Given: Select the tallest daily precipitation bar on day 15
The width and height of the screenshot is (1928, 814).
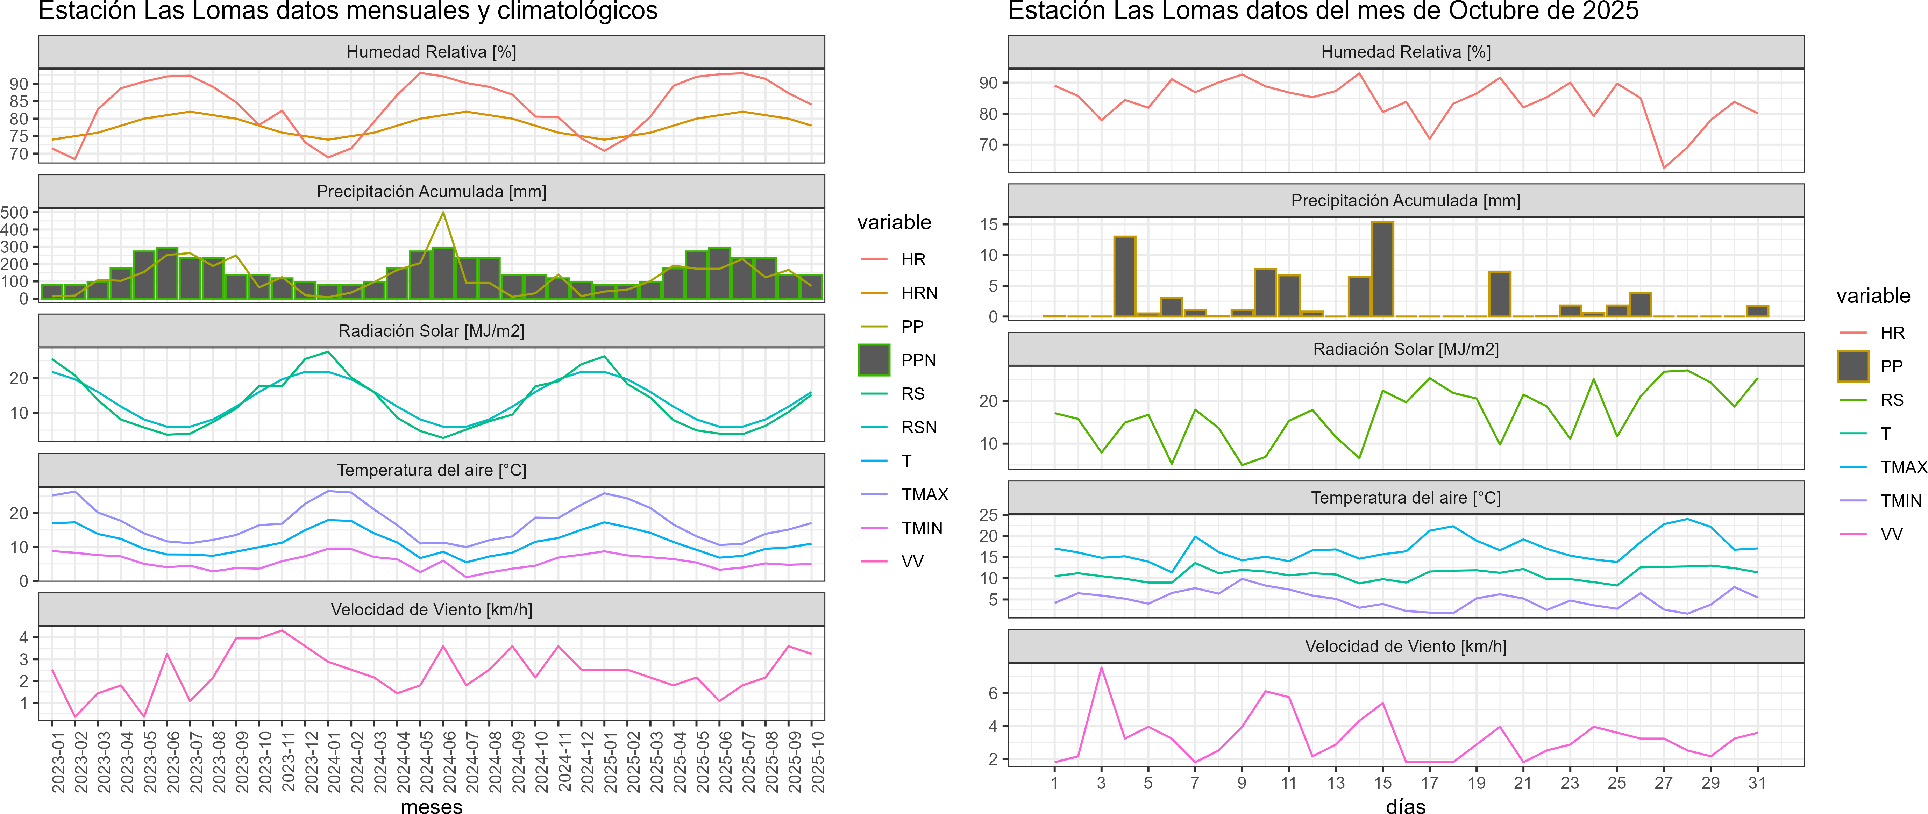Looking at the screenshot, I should [1382, 269].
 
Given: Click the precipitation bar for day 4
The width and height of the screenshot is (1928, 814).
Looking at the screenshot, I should [1125, 277].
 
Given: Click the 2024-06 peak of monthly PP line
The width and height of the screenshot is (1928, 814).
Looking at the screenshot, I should [443, 213].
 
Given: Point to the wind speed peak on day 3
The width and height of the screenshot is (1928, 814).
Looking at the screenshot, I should [1101, 667].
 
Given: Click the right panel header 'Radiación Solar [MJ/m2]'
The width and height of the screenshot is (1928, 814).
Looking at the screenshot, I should [1406, 349].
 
